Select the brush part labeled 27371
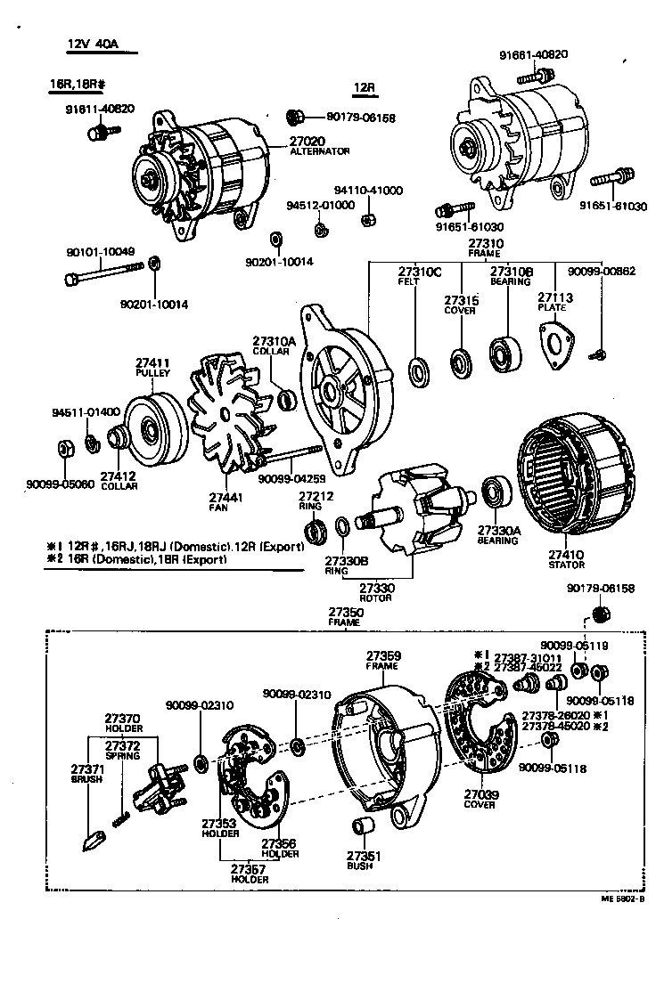tap(93, 838)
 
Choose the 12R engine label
tap(364, 87)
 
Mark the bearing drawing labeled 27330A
tap(494, 494)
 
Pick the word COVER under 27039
tap(480, 804)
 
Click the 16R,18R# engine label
tap(78, 85)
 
